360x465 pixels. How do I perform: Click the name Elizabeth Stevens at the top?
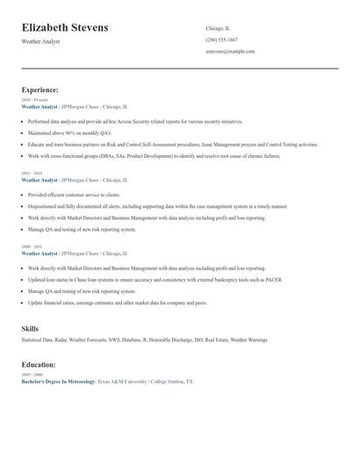[66, 28]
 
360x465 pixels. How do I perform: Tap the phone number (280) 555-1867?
[222, 39]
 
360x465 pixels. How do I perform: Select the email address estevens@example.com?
[230, 52]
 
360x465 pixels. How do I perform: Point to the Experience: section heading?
[40, 89]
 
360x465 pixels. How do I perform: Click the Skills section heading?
[30, 328]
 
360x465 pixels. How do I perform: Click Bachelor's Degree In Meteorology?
[58, 382]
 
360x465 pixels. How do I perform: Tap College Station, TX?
[172, 382]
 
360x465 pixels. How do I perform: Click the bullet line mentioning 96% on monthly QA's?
[69, 132]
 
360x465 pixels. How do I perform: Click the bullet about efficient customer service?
[75, 195]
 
